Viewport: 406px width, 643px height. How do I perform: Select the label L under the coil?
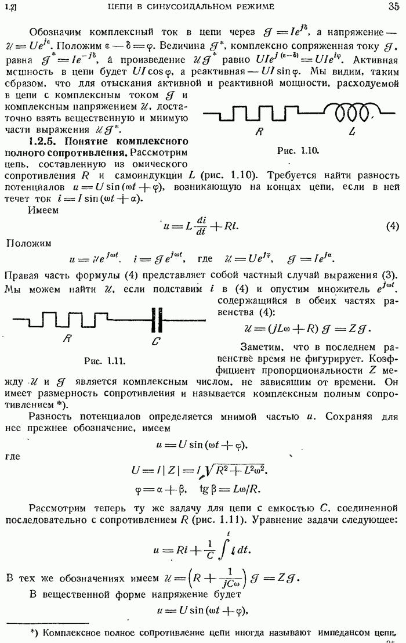point(353,132)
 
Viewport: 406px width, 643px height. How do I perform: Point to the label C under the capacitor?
point(156,341)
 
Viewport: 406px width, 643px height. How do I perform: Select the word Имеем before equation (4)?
point(43,211)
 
